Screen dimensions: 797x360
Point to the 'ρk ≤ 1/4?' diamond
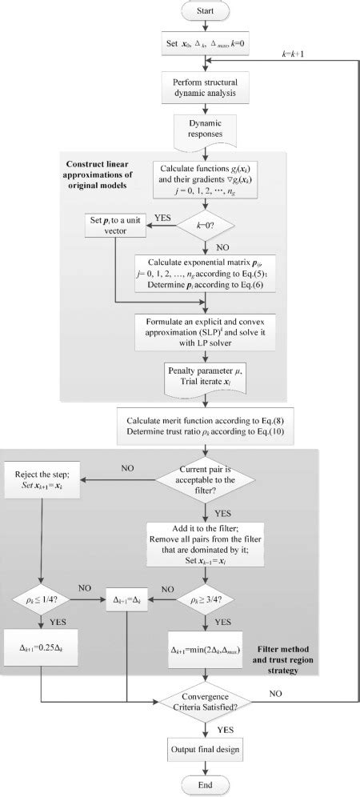pos(41,595)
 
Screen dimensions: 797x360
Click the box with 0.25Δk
pos(41,646)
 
